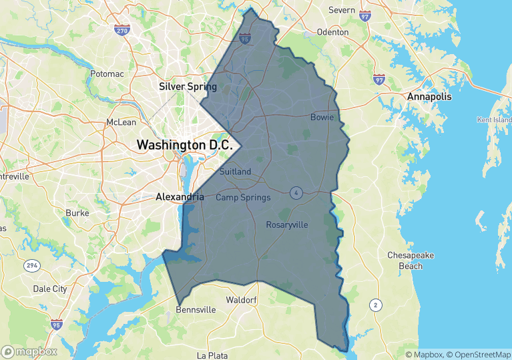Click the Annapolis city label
tap(429, 97)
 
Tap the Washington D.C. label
tap(184, 144)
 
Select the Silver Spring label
tap(188, 87)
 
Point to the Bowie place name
tap(322, 118)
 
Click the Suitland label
tap(235, 172)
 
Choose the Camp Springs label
tap(243, 197)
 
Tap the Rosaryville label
tap(287, 224)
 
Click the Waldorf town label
tap(242, 300)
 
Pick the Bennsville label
tap(196, 310)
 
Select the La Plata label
tap(212, 355)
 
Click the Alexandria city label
tap(180, 197)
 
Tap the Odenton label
tap(332, 32)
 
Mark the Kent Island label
tap(493, 120)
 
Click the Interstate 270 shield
tap(121, 30)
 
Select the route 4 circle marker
tap(296, 193)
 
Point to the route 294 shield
tap(31, 266)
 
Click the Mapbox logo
tap(29, 351)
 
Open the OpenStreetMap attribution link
tap(478, 355)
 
